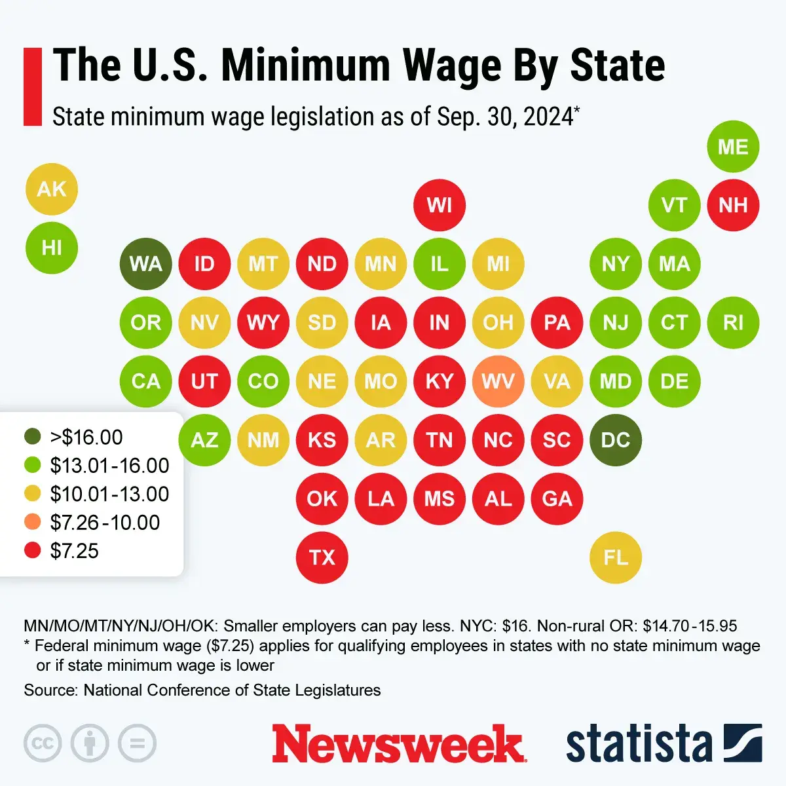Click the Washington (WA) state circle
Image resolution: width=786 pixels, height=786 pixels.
[145, 264]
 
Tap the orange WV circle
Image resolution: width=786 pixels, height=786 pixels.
[498, 381]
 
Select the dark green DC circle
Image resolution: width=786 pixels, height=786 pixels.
[616, 440]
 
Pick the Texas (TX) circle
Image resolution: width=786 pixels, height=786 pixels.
[322, 557]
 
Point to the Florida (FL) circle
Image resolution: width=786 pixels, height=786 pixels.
[616, 557]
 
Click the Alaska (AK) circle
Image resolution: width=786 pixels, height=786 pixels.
[51, 189]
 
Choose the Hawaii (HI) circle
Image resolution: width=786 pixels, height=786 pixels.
[51, 248]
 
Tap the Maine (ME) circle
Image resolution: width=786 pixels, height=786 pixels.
[733, 147]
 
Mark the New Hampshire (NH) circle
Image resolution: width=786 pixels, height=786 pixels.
[733, 205]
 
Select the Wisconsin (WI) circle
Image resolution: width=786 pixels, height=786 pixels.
[439, 205]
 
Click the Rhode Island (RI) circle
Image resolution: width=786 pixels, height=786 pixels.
[733, 322]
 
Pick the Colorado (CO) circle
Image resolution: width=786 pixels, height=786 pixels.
[263, 381]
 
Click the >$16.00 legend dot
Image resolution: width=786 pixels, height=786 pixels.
[32, 437]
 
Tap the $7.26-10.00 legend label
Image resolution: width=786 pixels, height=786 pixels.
[105, 523]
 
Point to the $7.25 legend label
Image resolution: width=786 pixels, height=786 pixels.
[74, 551]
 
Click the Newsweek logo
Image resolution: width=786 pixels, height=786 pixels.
[398, 744]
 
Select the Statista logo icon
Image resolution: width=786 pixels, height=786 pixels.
[743, 743]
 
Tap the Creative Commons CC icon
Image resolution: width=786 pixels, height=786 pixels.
[43, 743]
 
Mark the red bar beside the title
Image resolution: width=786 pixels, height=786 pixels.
[33, 86]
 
